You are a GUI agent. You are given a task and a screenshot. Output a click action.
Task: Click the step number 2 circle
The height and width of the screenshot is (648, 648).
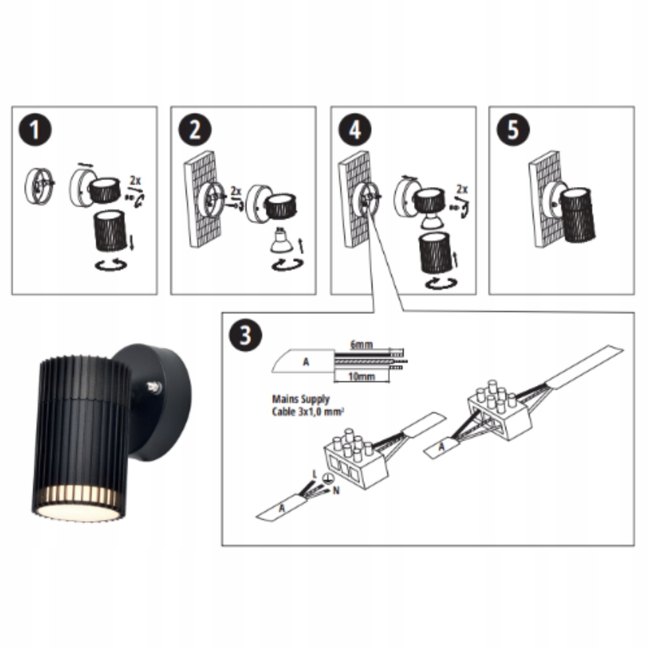coord(194,130)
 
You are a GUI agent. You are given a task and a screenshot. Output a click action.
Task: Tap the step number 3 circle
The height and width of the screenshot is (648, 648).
coord(246,335)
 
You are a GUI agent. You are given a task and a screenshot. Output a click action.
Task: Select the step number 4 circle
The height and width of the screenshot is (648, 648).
coord(354,130)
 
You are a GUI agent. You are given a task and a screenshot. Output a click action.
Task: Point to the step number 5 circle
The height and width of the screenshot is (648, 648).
coord(513,130)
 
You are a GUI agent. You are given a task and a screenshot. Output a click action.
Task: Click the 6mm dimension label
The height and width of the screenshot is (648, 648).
coord(361,345)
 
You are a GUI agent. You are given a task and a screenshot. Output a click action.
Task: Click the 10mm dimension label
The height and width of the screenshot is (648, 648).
coord(362,377)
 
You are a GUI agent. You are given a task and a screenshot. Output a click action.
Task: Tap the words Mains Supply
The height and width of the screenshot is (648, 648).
coord(301,400)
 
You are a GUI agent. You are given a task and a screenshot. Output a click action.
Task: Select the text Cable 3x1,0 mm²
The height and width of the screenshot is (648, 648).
coord(308,411)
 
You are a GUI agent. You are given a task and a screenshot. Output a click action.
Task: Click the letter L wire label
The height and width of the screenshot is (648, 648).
coord(314,475)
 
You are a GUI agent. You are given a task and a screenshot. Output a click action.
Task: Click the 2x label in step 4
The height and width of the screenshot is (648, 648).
coord(462,189)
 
